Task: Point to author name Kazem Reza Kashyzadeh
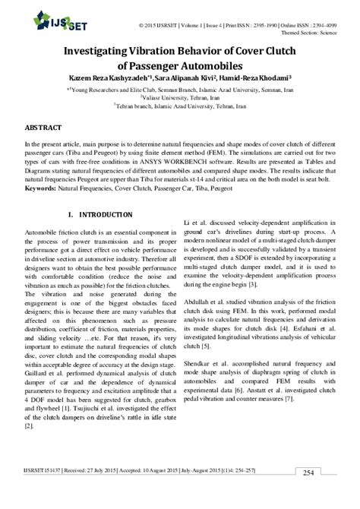tap(107, 78)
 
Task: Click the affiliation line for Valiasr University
tap(180, 97)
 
